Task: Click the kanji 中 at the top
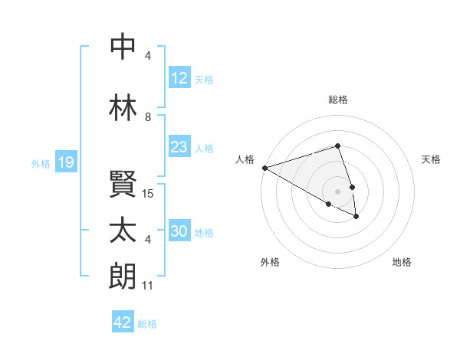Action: pos(123,47)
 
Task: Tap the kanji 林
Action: pos(123,106)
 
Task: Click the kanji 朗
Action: pos(123,276)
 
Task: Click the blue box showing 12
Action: pos(179,78)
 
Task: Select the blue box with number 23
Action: pos(179,147)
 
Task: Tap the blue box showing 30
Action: pos(179,231)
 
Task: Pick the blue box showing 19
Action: pos(65,162)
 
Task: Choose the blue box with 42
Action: pos(122,322)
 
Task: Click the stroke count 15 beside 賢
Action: pos(149,194)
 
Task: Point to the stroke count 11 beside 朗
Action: pos(148,286)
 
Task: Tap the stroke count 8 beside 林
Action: pos(148,116)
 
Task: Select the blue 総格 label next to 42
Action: pos(147,324)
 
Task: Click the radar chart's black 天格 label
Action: pos(431,159)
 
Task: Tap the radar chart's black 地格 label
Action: pos(402,262)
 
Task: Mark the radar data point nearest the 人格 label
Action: pos(264,168)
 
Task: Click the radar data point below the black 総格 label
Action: pos(337,146)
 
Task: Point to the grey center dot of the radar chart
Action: pos(337,191)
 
